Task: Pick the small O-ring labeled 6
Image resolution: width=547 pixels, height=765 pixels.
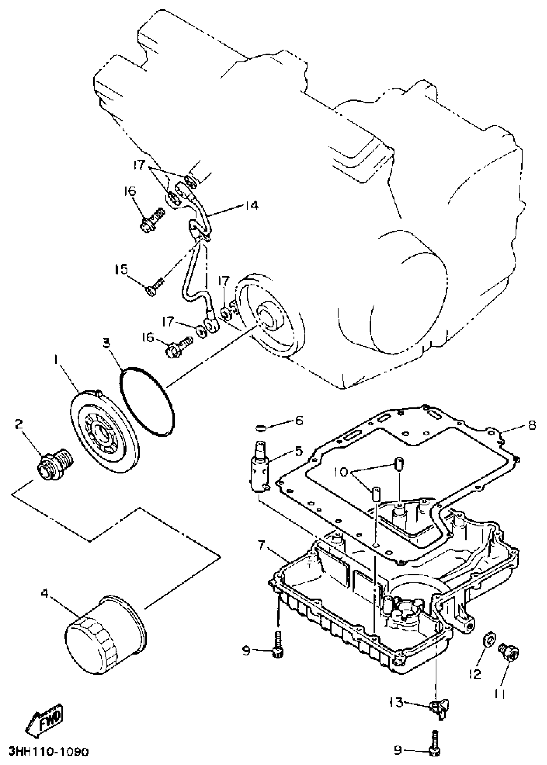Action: tap(261, 428)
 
